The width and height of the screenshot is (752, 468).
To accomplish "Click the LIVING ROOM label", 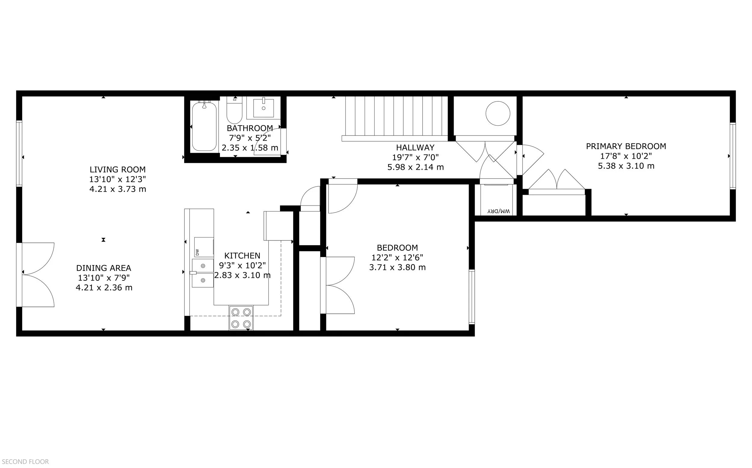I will click(117, 169).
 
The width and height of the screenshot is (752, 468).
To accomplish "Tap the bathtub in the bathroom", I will click(204, 127).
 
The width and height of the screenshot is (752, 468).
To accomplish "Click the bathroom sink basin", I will click(264, 108).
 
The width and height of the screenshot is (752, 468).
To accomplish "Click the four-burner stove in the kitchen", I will click(241, 318).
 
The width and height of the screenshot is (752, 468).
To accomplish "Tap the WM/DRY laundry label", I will click(498, 211).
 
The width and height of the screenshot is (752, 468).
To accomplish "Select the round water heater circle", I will click(498, 113).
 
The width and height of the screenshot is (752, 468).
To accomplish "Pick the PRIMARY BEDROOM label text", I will click(626, 146).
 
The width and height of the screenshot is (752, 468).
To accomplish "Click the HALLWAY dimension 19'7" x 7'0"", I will click(415, 157).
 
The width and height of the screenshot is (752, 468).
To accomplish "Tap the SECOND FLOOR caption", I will click(25, 461).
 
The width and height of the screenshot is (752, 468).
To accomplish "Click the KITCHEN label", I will click(242, 255).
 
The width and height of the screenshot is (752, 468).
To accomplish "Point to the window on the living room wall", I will click(19, 153).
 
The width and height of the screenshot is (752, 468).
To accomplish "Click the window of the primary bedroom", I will click(732, 156).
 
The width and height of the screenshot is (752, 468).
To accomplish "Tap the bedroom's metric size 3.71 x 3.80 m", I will click(397, 267).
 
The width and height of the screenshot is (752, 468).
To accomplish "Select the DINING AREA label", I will click(103, 268).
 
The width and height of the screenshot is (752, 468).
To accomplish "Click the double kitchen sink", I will click(202, 273).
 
